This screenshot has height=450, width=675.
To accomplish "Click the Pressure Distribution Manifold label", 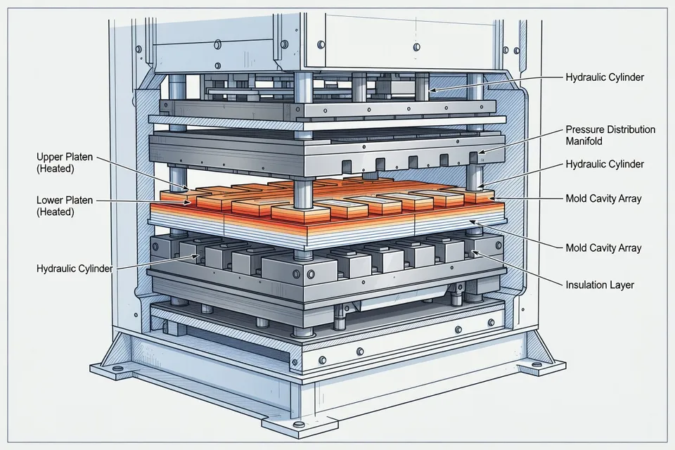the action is pos(610,135).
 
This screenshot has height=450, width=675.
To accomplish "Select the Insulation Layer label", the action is pos(600,285).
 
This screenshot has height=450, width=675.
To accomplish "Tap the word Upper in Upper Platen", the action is pos(50,157).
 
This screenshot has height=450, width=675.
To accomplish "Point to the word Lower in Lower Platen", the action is pos(51,200).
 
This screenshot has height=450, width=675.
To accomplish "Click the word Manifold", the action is pos(584,141).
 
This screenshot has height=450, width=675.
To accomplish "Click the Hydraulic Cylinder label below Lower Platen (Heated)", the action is pos(75,269).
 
